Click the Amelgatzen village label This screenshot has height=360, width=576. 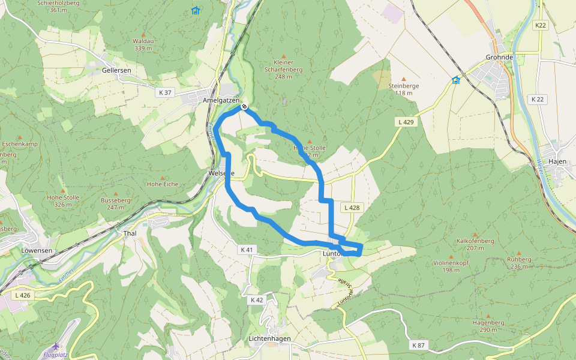[221, 100]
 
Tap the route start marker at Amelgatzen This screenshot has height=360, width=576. [244, 107]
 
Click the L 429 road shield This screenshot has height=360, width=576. [406, 122]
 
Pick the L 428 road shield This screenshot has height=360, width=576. [352, 208]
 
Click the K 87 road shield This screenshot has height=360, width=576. [418, 346]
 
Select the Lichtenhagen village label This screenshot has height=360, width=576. [269, 339]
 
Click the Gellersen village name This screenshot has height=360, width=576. [116, 70]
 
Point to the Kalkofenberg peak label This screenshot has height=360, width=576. [475, 241]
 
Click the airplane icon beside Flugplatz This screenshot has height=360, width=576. [56, 346]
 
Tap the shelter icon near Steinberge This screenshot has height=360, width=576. [456, 80]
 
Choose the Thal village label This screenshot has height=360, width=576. [130, 233]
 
